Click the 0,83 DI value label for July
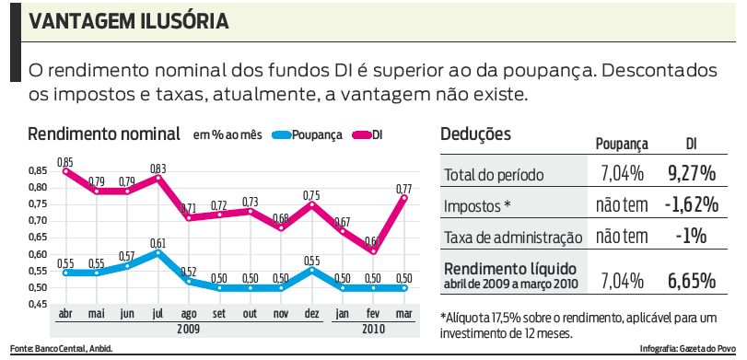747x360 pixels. pyautogui.click(x=158, y=168)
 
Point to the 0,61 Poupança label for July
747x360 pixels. pyautogui.click(x=158, y=242)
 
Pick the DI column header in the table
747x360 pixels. pyautogui.click(x=692, y=144)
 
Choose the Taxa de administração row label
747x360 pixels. pyautogui.click(x=513, y=238)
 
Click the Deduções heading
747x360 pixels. pyautogui.click(x=475, y=134)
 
